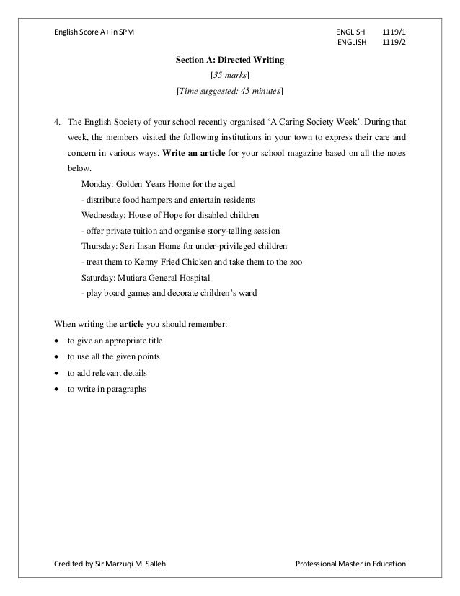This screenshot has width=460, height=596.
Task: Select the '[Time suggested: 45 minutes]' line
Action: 230,91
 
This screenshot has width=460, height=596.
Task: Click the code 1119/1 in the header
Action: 393,32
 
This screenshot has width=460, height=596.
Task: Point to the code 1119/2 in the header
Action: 393,44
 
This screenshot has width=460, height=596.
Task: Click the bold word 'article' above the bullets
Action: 131,324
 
